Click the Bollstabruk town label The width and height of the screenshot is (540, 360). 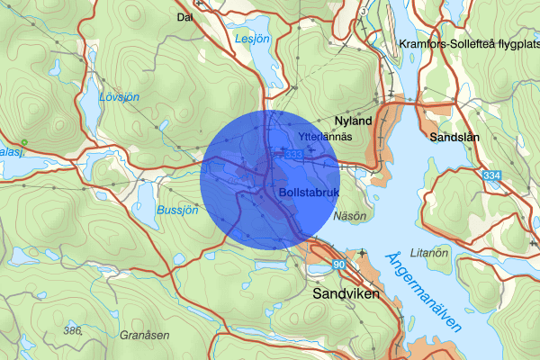308,192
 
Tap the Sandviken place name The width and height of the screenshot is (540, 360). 346,293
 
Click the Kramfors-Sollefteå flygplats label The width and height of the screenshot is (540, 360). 467,43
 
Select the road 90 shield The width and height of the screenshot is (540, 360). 338,265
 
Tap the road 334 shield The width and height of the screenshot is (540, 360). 491,175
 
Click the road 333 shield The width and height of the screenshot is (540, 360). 292,155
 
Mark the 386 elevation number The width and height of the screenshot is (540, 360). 73,331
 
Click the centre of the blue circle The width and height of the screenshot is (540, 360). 269,178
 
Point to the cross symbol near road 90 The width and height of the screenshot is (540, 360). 362,254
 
